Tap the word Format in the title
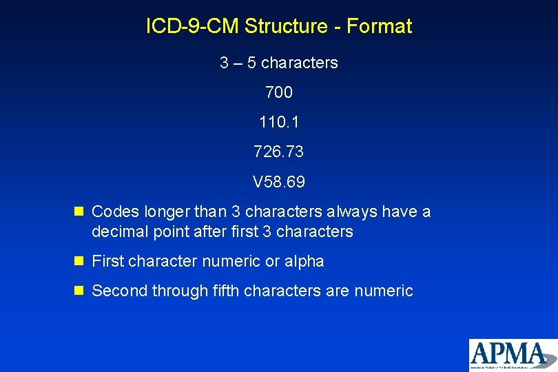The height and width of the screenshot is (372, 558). (380, 27)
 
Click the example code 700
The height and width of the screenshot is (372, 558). (278, 92)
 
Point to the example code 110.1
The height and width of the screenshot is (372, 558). (278, 123)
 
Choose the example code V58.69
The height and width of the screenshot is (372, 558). (278, 183)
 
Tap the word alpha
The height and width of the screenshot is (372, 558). (304, 262)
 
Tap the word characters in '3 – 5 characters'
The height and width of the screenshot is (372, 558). (300, 63)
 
